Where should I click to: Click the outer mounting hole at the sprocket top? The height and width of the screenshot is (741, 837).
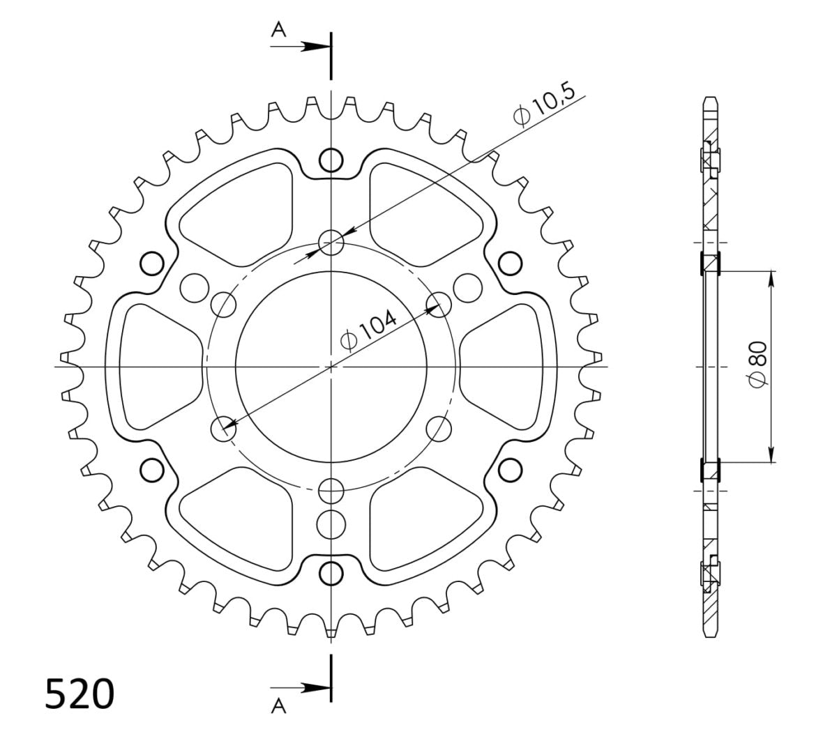pos(331,160)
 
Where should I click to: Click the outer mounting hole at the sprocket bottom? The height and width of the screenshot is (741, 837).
pos(331,573)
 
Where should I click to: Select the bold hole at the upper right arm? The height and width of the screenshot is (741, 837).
pos(510,263)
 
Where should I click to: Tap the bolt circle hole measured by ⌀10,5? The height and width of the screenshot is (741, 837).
pos(331,242)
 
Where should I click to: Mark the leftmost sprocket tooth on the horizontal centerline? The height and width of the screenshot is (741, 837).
pos(66,365)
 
